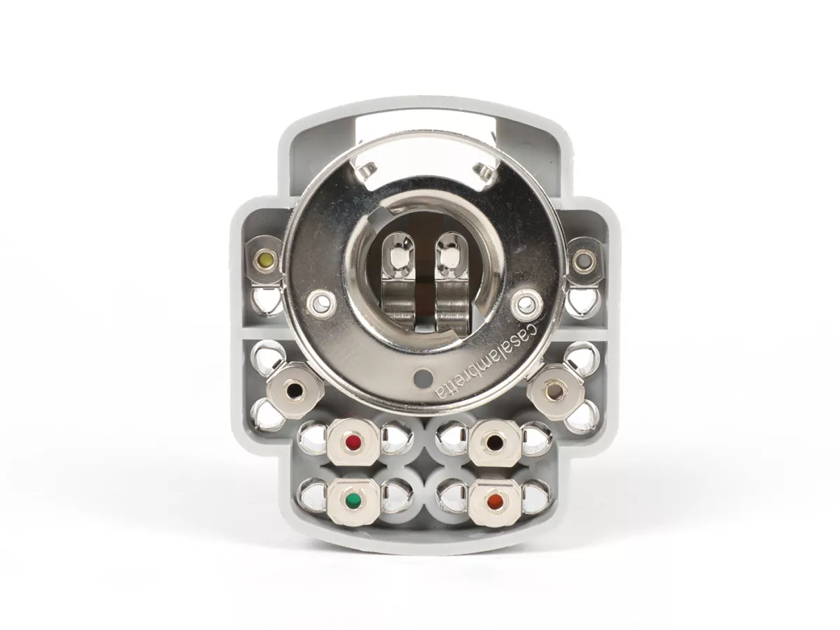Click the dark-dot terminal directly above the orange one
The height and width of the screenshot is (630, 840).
[x=495, y=443]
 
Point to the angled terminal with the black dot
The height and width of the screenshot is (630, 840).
[x=295, y=390]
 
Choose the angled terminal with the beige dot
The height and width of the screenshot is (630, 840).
[x=556, y=392]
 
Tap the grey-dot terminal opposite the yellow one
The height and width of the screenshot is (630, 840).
[x=582, y=260]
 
